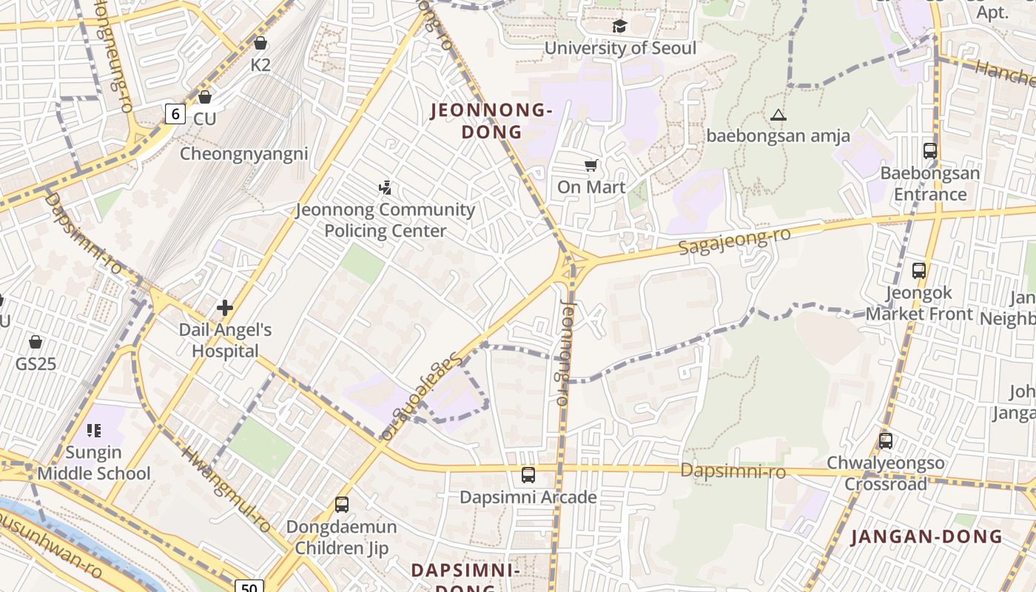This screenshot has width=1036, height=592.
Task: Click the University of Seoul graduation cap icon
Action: click(x=619, y=27)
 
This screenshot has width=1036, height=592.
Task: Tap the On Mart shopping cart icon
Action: click(x=591, y=165)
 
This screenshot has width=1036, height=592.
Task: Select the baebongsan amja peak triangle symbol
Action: click(x=778, y=115)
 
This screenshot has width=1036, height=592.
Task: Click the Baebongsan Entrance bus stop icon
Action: click(x=930, y=151)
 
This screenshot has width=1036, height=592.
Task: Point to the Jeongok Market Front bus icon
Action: click(x=919, y=271)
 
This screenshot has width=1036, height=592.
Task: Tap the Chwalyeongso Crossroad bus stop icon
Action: click(x=886, y=441)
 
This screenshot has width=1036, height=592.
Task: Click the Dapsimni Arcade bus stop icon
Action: click(x=528, y=475)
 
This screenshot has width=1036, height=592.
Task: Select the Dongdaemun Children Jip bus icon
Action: click(x=342, y=505)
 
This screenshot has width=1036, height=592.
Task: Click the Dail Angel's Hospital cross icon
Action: click(x=225, y=308)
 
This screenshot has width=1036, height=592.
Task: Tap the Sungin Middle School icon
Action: click(x=94, y=430)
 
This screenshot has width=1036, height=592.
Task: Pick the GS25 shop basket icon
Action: click(x=35, y=342)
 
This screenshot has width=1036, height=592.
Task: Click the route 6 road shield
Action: click(x=175, y=113)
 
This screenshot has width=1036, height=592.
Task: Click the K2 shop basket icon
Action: click(x=260, y=43)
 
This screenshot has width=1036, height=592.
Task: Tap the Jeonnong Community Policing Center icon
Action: click(x=385, y=188)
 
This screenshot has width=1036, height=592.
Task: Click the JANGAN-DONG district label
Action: click(x=926, y=537)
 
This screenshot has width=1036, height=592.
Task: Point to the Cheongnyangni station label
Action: click(x=244, y=155)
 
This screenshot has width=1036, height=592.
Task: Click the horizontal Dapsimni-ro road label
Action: click(x=733, y=471)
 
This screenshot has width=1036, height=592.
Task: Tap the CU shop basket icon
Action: click(x=205, y=97)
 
